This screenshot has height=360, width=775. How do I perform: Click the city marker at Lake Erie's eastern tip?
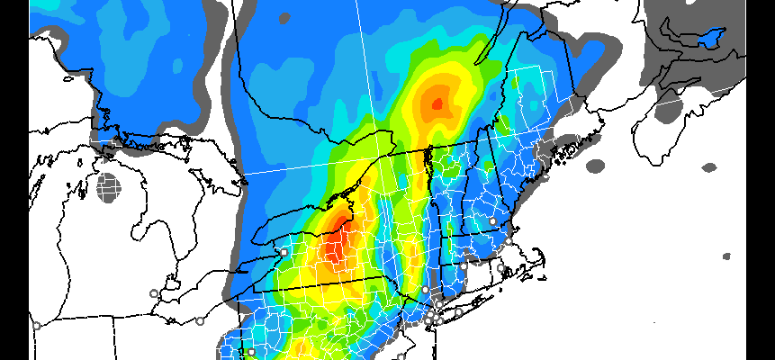284,252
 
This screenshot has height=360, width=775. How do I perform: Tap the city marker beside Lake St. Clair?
154,293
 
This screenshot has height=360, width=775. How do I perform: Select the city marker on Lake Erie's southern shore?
200,320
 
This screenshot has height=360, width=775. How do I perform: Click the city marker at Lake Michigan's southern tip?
36,326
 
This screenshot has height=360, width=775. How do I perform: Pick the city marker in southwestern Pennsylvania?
252,352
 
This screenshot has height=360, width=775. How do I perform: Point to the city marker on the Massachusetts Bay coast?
509,241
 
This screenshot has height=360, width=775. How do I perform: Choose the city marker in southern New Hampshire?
492,220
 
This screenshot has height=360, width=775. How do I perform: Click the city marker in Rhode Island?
500,267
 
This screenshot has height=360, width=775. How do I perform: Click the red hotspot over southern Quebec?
438,103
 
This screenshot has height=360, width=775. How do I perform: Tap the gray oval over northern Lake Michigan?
109,188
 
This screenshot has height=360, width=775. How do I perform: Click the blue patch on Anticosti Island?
712,38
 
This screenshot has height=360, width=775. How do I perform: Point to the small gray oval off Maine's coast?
596,166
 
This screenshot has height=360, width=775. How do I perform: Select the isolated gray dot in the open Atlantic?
727,256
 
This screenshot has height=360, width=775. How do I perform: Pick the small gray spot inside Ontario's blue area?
284,17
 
